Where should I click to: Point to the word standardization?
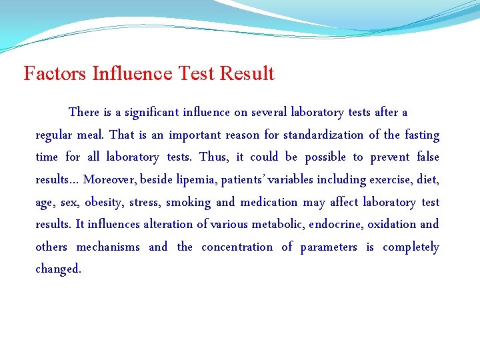pyautogui.click(x=323, y=135)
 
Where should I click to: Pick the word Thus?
pyautogui.click(x=213, y=157)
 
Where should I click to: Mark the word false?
pyautogui.click(x=428, y=157)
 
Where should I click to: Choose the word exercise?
pyautogui.click(x=390, y=180)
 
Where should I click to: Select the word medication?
pyautogui.click(x=269, y=203)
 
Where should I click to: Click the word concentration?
pyautogui.click(x=237, y=247)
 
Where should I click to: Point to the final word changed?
pyautogui.click(x=58, y=270)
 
